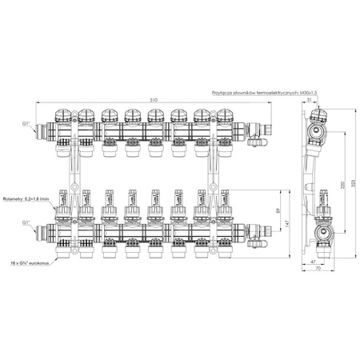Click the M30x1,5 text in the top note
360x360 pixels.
click(306, 92)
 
